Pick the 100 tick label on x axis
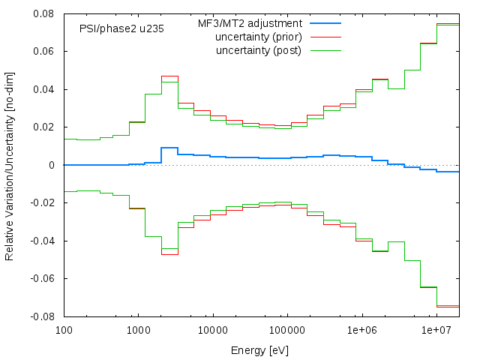pos(64,330)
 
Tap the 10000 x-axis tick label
pos(212,330)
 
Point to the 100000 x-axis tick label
pos(287,330)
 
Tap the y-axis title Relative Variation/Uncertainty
pos(10,165)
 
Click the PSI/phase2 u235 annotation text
pos(121,29)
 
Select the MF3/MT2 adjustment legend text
pos(250,24)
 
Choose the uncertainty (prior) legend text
pos(258,37)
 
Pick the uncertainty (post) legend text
pos(259,50)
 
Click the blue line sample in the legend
pos(324,24)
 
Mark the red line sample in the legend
pos(324,37)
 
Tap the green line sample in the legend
pos(324,50)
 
